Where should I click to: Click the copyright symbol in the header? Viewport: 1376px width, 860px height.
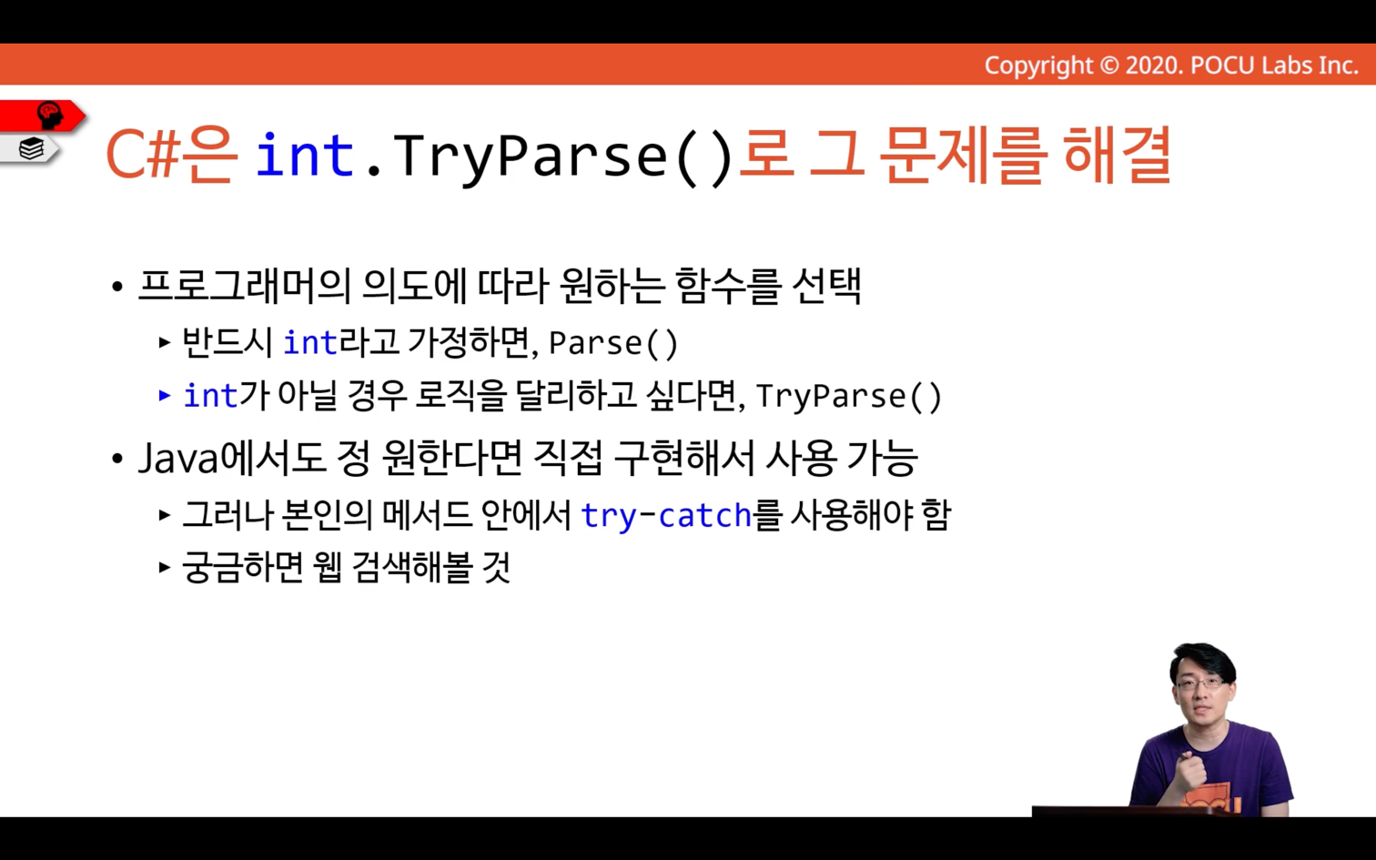coord(1109,66)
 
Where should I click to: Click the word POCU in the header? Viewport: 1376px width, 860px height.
coord(1223,66)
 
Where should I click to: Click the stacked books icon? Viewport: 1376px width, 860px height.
coord(31,149)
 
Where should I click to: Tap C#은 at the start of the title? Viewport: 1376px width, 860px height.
coord(171,156)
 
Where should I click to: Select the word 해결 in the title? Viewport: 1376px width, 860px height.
coord(1117,156)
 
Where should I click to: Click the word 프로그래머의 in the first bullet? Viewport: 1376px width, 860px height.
coord(245,286)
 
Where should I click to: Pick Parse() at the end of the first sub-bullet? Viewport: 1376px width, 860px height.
coord(613,343)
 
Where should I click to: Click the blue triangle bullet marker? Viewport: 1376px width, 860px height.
coord(164,395)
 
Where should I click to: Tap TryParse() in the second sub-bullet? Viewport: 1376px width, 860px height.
coord(849,396)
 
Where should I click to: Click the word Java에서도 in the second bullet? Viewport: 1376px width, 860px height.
coord(231,458)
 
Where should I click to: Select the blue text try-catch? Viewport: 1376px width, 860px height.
coord(666,515)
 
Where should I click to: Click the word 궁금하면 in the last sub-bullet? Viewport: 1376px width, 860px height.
coord(243,567)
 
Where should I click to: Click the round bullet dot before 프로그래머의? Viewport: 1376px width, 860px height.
coord(117,287)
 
